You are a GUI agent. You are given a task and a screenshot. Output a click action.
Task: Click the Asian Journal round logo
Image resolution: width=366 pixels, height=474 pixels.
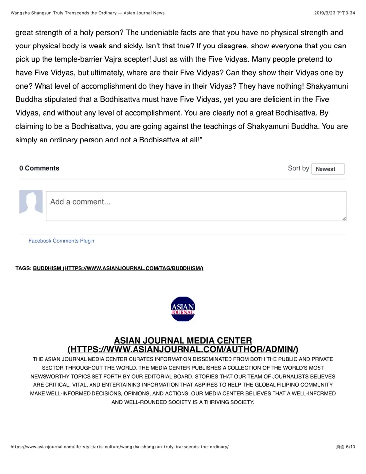pos(183,309)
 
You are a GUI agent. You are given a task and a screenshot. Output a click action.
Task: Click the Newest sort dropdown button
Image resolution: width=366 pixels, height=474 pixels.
pos(327,169)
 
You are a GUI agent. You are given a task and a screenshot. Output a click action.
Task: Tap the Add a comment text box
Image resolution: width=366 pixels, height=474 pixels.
pos(196,206)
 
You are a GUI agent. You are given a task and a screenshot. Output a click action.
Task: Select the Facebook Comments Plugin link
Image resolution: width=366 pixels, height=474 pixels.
pos(61,241)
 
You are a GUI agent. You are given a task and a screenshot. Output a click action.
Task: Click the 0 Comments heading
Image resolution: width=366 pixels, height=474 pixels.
pos(40,168)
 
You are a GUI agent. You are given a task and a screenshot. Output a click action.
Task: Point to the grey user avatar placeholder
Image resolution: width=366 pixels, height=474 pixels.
pos(31,202)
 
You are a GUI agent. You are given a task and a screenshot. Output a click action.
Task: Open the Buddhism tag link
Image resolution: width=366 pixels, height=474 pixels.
pos(118,268)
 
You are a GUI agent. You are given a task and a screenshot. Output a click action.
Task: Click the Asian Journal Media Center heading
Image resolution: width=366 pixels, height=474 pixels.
pos(183,340)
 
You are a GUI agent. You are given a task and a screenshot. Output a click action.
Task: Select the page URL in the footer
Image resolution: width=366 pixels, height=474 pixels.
pos(119,447)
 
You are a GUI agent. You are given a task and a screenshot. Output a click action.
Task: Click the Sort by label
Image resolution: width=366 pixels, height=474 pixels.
pos(298,168)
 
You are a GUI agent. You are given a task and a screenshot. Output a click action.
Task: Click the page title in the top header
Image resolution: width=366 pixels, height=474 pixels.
pos(88,13)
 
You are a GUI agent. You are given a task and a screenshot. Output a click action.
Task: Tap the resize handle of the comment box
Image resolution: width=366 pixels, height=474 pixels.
pos(344,218)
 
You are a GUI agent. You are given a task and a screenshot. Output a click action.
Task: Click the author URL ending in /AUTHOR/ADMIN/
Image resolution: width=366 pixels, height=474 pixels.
pos(183,349)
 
